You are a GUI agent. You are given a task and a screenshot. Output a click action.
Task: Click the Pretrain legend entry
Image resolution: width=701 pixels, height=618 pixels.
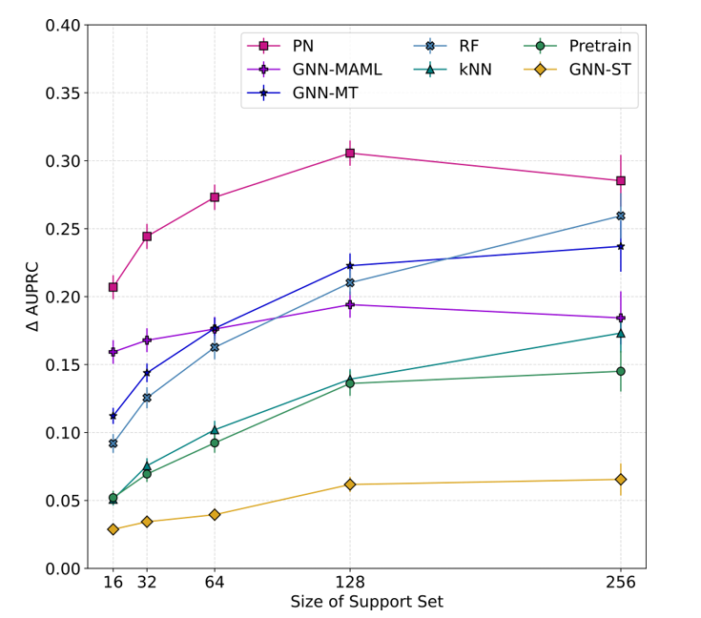click(582, 45)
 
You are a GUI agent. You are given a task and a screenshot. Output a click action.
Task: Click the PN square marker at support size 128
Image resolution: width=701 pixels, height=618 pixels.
click(350, 153)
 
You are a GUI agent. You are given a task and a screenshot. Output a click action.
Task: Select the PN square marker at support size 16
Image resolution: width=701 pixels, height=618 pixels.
click(113, 287)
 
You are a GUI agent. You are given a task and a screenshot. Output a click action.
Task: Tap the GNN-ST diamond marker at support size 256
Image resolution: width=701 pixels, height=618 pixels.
click(621, 479)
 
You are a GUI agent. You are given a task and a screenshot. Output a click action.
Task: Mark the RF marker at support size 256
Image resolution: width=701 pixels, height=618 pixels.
click(621, 216)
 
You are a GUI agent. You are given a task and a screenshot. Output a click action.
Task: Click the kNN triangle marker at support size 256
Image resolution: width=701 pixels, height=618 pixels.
click(621, 333)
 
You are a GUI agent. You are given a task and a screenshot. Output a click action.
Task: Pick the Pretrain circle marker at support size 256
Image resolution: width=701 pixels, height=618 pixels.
click(621, 371)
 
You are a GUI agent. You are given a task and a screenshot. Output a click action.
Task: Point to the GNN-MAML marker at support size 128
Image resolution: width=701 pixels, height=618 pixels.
click(350, 304)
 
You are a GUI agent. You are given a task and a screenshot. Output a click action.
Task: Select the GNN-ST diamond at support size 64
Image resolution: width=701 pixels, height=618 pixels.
click(215, 514)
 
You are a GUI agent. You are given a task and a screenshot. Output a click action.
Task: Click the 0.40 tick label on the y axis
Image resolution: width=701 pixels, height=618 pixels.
click(63, 25)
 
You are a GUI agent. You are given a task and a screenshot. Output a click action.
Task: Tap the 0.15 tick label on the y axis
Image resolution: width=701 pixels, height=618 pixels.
click(63, 364)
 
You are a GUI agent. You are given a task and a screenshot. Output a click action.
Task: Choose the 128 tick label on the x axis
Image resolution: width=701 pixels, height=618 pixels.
click(350, 582)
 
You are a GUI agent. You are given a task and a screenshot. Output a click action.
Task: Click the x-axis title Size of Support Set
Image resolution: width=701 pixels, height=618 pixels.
click(366, 603)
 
